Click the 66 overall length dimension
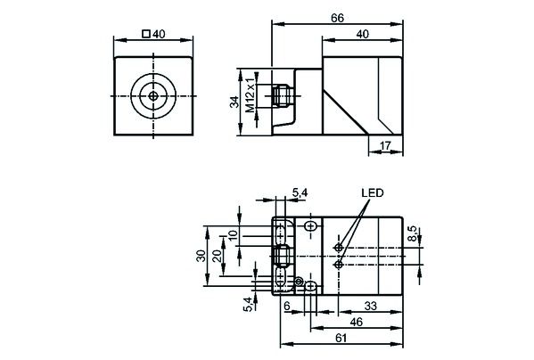(x=338, y=17)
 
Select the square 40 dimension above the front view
(x=155, y=35)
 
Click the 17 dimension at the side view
(x=385, y=145)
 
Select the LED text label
(x=372, y=193)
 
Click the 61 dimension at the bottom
(x=341, y=339)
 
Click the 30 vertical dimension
(x=201, y=255)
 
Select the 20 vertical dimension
(x=216, y=255)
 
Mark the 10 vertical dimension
(x=234, y=235)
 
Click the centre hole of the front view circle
(x=154, y=95)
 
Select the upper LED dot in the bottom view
(x=338, y=247)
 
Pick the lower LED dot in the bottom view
(x=338, y=264)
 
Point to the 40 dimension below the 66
(x=361, y=35)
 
